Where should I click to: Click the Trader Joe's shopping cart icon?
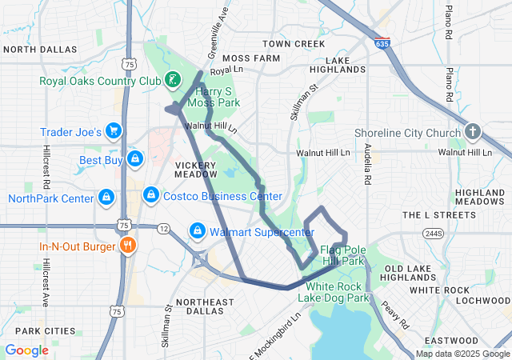114,130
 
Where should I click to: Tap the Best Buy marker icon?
134,160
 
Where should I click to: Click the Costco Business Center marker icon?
150,195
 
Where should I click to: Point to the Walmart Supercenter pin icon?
197,231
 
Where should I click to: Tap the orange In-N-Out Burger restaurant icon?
126,246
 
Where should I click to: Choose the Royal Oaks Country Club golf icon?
171,78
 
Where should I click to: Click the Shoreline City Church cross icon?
473,132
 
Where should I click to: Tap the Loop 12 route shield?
162,229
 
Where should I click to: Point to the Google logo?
26,350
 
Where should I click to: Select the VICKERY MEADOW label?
195,170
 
